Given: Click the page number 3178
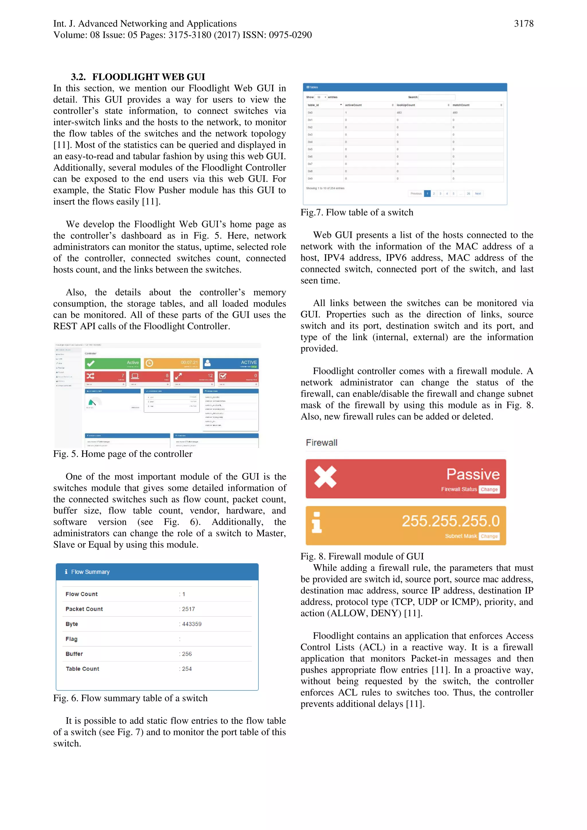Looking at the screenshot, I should pyautogui.click(x=523, y=24).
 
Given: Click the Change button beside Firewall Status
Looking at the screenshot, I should pyautogui.click(x=489, y=489).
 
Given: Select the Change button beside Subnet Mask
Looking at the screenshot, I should pyautogui.click(x=489, y=536).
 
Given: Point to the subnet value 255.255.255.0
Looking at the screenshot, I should pyautogui.click(x=450, y=521).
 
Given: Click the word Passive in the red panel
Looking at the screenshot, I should pyautogui.click(x=472, y=474).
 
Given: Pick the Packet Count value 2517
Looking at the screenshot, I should pyautogui.click(x=188, y=609).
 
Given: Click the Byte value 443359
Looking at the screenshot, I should pyautogui.click(x=191, y=624).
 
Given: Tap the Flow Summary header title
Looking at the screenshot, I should pyautogui.click(x=90, y=572).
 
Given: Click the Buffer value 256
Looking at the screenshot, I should pyautogui.click(x=187, y=654).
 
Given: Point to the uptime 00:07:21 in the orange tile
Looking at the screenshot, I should pyautogui.click(x=189, y=362).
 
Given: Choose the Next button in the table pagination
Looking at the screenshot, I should pyautogui.click(x=478, y=193).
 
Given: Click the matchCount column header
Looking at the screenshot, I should pyautogui.click(x=461, y=105).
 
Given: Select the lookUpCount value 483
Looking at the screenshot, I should pyautogui.click(x=399, y=112).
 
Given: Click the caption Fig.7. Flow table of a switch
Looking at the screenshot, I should pyautogui.click(x=357, y=213).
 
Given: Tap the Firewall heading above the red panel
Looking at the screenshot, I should pyautogui.click(x=321, y=443).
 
